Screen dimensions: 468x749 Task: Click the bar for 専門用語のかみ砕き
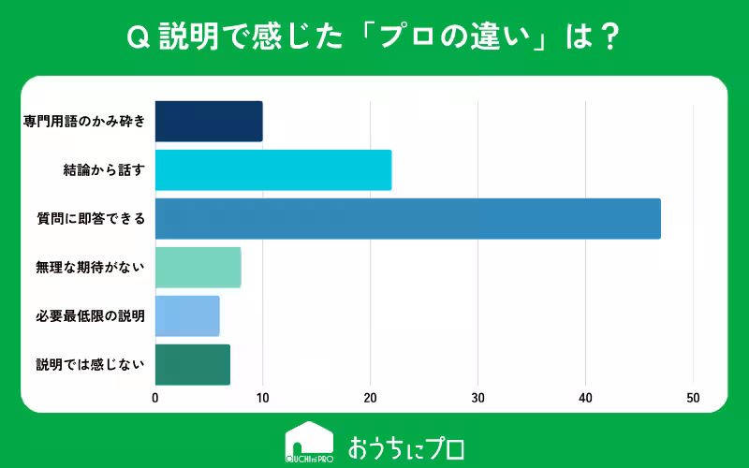208,122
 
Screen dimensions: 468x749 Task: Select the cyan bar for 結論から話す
272,170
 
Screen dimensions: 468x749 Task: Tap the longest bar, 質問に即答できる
407,219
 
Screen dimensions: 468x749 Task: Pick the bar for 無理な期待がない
198,268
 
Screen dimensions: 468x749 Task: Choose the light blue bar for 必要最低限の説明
187,316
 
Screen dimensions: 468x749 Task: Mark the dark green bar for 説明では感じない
192,365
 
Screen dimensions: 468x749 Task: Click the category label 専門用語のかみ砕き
84,122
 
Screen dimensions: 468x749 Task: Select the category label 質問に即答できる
91,219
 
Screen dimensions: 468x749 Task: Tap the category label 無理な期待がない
91,268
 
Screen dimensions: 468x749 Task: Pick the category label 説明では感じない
91,365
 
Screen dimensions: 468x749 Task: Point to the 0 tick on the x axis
155,397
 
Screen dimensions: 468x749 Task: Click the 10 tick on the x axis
263,397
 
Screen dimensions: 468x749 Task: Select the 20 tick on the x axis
371,397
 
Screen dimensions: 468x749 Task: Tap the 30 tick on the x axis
478,397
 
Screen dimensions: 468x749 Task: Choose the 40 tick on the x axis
586,397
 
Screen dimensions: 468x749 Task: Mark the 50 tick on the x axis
694,397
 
